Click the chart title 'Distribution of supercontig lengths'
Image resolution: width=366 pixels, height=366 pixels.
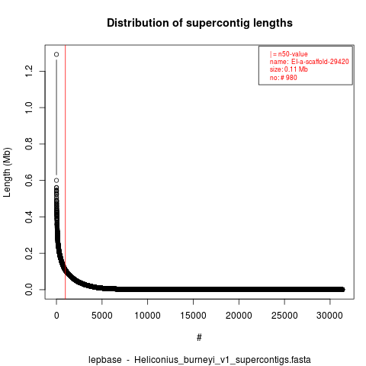click(200, 23)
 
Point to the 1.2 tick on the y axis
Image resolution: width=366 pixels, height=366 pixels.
click(29, 71)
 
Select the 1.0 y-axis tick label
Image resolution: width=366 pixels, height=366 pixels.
click(29, 108)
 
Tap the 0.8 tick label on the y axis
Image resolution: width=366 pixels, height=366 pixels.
click(29, 144)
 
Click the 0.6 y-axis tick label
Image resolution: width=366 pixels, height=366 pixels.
click(29, 180)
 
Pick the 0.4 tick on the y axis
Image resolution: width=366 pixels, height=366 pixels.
click(29, 217)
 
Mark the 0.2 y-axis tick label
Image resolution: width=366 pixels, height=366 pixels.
click(29, 253)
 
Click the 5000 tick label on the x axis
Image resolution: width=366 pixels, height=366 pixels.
click(102, 316)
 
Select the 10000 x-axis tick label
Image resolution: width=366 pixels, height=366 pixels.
click(147, 316)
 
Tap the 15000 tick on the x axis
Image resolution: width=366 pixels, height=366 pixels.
click(193, 316)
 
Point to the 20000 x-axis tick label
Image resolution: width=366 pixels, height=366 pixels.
click(239, 316)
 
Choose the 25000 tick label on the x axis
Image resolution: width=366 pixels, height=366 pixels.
click(284, 316)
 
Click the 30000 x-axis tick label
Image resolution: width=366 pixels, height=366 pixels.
click(330, 316)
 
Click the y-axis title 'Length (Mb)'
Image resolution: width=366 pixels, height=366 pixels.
click(7, 172)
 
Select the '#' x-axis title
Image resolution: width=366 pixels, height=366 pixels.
click(199, 338)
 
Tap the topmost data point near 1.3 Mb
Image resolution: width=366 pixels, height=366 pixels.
click(56, 54)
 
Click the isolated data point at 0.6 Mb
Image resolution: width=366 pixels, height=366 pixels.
click(56, 181)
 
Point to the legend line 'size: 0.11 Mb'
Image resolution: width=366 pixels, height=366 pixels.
click(289, 69)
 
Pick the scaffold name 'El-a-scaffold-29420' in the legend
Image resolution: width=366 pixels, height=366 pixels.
click(320, 62)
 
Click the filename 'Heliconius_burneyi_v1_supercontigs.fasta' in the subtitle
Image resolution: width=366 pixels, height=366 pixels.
click(223, 360)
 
